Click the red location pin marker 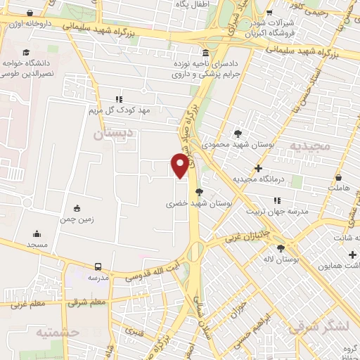click(180, 165)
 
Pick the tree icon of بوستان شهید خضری click(200, 191)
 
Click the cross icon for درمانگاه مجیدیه click(259, 169)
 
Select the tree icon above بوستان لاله click(281, 248)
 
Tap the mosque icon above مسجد click(36, 234)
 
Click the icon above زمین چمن click(77, 208)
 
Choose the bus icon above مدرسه click(98, 267)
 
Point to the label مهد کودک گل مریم click(119, 110)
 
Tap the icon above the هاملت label click(340, 178)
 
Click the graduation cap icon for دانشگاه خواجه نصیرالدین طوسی click(27, 53)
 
